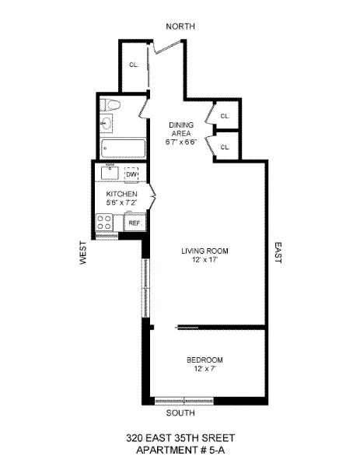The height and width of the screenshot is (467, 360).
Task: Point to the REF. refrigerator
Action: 134,223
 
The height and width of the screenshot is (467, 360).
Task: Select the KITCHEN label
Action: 122,194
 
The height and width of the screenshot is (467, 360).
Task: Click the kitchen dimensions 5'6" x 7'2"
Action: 122,203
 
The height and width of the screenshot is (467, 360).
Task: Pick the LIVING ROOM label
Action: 205,251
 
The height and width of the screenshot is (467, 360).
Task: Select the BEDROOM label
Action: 204,360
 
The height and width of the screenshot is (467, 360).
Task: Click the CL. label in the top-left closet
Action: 133,65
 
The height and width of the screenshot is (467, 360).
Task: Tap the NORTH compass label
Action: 180,26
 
